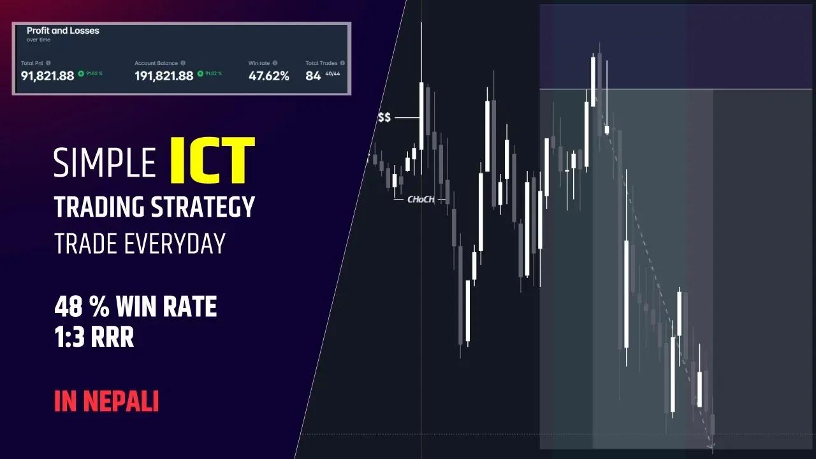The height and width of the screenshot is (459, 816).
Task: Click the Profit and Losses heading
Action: pyautogui.click(x=62, y=31)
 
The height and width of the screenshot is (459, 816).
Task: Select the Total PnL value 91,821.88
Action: pyautogui.click(x=47, y=76)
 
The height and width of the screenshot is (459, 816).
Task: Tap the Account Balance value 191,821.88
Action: pyautogui.click(x=164, y=76)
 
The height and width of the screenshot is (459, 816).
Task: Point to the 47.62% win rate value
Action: pyautogui.click(x=268, y=76)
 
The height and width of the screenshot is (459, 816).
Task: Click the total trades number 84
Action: pyautogui.click(x=313, y=76)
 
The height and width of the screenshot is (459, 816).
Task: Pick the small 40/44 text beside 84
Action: pyautogui.click(x=333, y=74)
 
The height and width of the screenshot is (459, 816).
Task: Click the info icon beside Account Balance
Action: pyautogui.click(x=183, y=63)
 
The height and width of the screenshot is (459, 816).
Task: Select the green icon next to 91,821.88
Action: pyautogui.click(x=81, y=74)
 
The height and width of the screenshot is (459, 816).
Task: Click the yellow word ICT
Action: pyautogui.click(x=212, y=159)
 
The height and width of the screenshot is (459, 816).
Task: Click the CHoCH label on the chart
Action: pyautogui.click(x=421, y=200)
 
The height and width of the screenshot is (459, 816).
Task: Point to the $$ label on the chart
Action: pyautogui.click(x=384, y=118)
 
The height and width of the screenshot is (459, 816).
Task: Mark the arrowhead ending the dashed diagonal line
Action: pyautogui.click(x=712, y=446)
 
